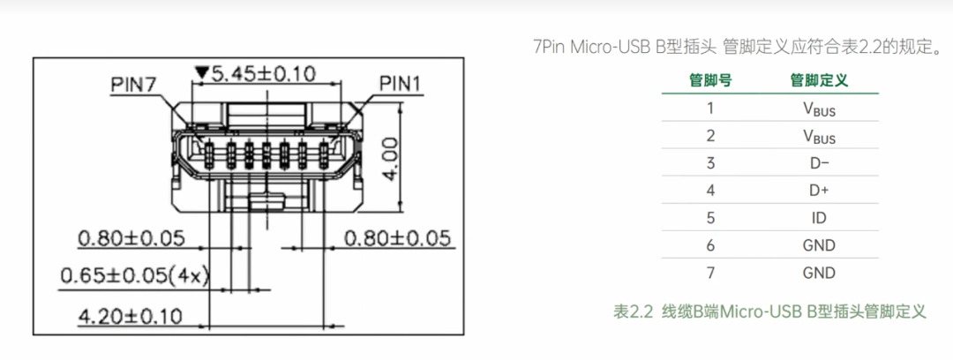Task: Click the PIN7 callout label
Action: (134, 85)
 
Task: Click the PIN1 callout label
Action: (400, 83)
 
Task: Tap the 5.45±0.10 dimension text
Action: (263, 74)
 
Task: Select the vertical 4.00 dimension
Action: (392, 159)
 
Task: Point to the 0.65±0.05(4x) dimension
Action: (134, 277)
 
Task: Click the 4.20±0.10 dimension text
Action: (130, 316)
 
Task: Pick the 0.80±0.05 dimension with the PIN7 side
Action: (131, 238)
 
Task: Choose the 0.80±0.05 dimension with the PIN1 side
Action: (399, 237)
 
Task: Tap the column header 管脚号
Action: (709, 80)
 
